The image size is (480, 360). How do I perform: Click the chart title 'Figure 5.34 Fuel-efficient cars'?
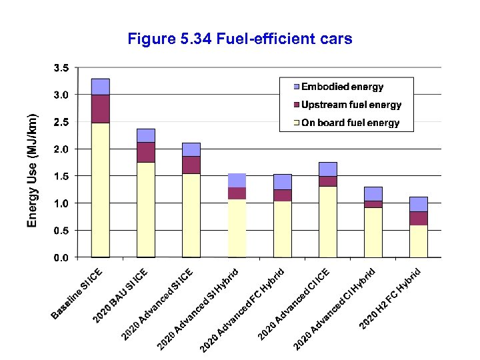(x=239, y=39)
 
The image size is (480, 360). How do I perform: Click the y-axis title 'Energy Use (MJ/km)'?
(x=32, y=169)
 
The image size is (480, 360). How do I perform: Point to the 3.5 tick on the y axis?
(x=61, y=68)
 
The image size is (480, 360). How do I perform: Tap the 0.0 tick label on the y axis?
(x=61, y=257)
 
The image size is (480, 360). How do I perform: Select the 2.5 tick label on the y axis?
(x=61, y=122)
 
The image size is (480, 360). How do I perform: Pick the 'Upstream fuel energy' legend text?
(x=351, y=105)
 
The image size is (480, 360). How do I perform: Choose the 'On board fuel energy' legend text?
(x=351, y=123)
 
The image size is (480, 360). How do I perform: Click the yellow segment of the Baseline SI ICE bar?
(x=101, y=190)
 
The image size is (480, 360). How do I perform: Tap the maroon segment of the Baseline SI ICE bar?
(x=101, y=109)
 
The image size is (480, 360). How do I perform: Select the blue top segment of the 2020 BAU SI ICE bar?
(x=146, y=135)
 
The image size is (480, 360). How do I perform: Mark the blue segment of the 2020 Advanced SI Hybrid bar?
(x=237, y=180)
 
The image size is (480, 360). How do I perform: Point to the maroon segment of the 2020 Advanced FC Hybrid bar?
(x=282, y=195)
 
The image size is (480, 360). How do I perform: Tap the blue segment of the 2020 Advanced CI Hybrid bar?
(x=373, y=193)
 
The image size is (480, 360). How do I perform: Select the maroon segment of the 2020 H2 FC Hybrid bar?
(x=419, y=218)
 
